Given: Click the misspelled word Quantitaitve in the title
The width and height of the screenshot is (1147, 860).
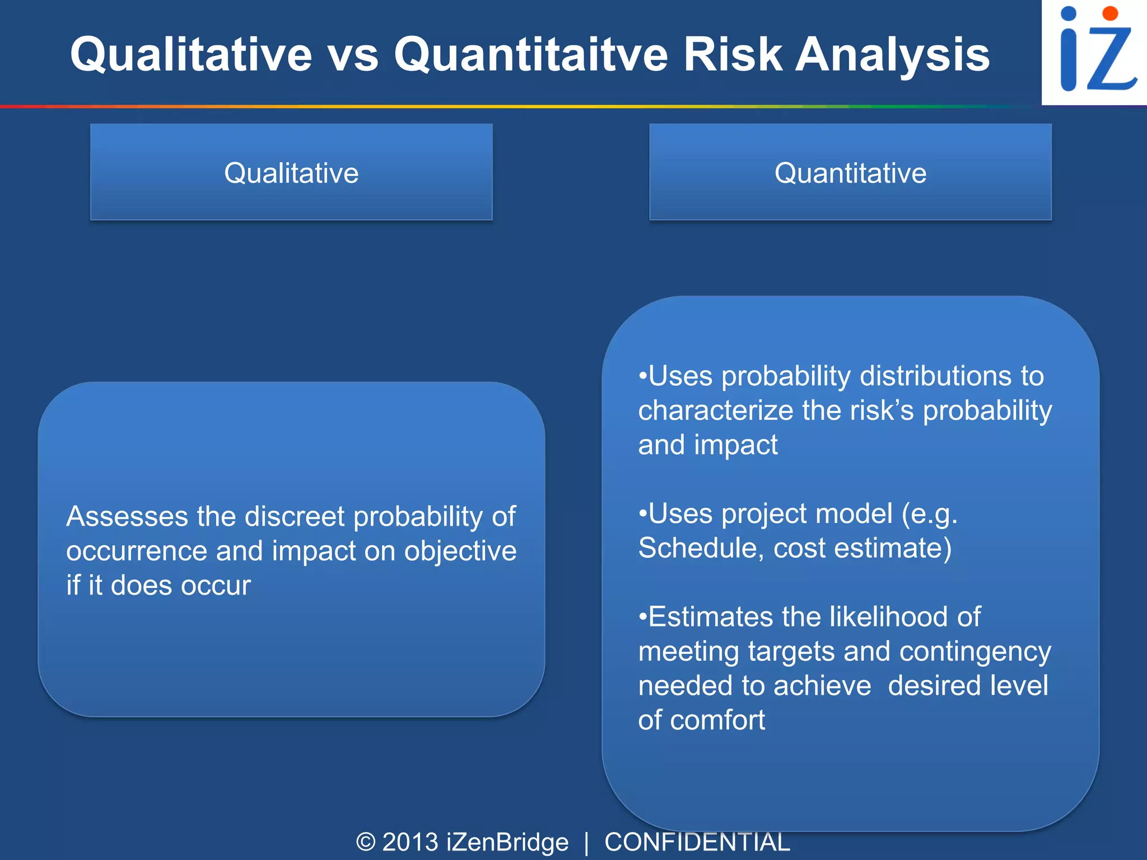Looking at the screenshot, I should coord(531,54).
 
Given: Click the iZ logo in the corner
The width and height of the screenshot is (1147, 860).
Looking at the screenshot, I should coord(1094,52).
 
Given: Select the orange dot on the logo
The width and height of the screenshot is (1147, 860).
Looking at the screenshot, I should coord(1109,13).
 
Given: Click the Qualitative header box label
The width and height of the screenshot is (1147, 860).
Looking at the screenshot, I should coord(291,172).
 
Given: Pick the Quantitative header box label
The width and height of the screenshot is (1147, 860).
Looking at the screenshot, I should coord(850,172).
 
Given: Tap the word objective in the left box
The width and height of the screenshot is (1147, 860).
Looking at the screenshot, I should coord(460,551).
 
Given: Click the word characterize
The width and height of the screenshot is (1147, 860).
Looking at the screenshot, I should coord(715,410).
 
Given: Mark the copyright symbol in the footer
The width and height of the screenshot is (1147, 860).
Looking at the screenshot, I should coord(366,842).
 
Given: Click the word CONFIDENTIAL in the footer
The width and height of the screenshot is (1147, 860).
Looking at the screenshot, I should coord(697,842).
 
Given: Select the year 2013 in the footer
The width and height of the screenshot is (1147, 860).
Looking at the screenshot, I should coord(410,842).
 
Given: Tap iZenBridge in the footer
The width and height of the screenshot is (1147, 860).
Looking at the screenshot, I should coord(507,842).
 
